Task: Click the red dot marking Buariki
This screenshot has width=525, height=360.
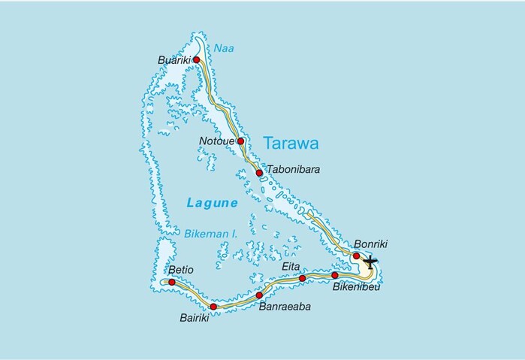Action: click(x=196, y=60)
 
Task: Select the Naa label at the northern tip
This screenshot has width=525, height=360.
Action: click(x=225, y=47)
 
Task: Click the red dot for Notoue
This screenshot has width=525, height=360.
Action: click(x=241, y=141)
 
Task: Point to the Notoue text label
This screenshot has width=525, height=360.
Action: click(x=216, y=141)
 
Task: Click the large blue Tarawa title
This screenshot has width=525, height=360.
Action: click(x=291, y=143)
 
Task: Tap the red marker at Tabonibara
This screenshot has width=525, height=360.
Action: click(x=259, y=173)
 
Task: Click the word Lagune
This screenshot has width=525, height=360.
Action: click(x=213, y=203)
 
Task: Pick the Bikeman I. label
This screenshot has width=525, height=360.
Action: click(x=210, y=234)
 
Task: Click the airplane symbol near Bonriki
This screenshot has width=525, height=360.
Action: click(x=370, y=262)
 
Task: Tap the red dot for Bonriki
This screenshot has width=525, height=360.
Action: click(x=356, y=256)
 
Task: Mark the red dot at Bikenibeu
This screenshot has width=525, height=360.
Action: click(x=335, y=275)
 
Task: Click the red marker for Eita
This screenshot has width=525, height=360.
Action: click(x=303, y=278)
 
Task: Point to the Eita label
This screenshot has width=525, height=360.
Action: click(x=291, y=265)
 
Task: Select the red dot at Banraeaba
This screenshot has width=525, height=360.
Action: click(x=259, y=295)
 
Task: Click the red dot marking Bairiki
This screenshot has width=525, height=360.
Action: click(x=213, y=307)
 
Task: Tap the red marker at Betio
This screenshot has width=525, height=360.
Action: click(x=172, y=282)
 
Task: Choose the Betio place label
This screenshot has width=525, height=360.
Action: click(x=181, y=269)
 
